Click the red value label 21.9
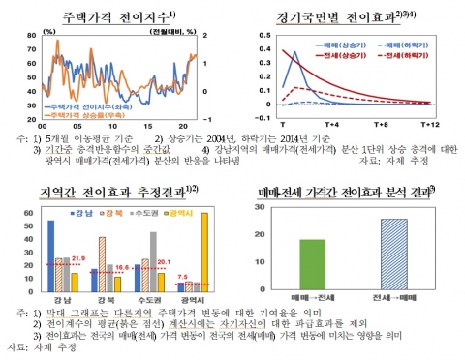pyautogui.click(x=79, y=258)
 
